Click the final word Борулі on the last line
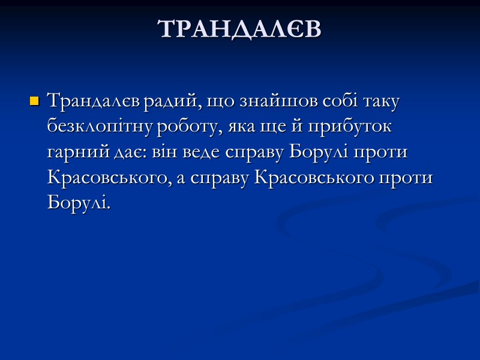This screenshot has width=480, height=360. point(79,204)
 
